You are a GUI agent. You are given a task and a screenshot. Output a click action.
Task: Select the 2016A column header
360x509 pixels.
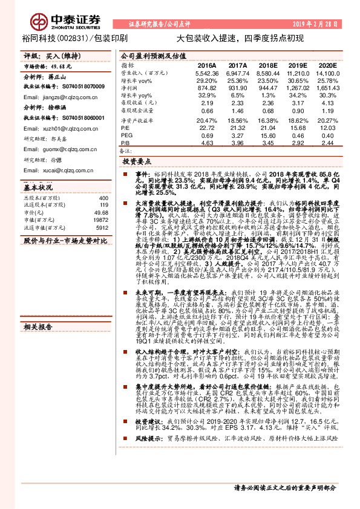coord(207,65)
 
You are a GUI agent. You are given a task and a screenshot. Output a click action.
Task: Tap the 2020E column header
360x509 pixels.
coord(327,65)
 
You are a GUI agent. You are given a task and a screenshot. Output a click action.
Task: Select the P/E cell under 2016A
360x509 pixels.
coord(207,128)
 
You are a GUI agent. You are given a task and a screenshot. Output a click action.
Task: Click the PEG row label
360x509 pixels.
coord(126,135)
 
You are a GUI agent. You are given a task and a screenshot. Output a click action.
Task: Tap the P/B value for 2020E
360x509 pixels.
coord(327,143)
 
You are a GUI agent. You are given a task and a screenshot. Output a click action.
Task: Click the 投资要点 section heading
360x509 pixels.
coord(137,163)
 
